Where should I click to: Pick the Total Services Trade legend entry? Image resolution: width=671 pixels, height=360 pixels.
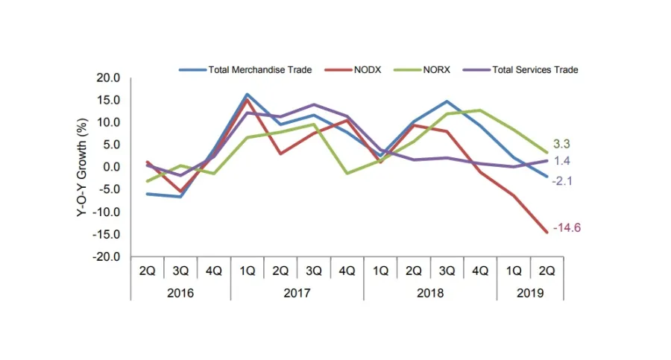tap(535, 69)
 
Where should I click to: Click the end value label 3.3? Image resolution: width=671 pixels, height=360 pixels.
tap(561, 144)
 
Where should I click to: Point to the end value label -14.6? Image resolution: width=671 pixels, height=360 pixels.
tap(567, 227)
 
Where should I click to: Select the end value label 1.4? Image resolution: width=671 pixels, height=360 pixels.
tap(561, 161)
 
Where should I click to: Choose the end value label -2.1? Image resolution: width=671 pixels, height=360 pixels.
tap(563, 180)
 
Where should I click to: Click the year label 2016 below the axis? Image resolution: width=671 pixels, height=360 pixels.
tap(180, 292)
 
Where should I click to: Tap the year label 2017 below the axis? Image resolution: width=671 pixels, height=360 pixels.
tap(297, 292)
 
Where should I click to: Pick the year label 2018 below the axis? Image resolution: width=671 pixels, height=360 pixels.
tap(430, 292)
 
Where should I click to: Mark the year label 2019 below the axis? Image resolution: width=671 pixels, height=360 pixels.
tap(530, 292)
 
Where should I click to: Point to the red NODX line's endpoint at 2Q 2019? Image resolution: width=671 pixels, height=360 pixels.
tap(547, 232)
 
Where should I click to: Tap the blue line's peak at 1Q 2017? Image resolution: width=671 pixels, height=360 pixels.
tap(247, 95)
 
